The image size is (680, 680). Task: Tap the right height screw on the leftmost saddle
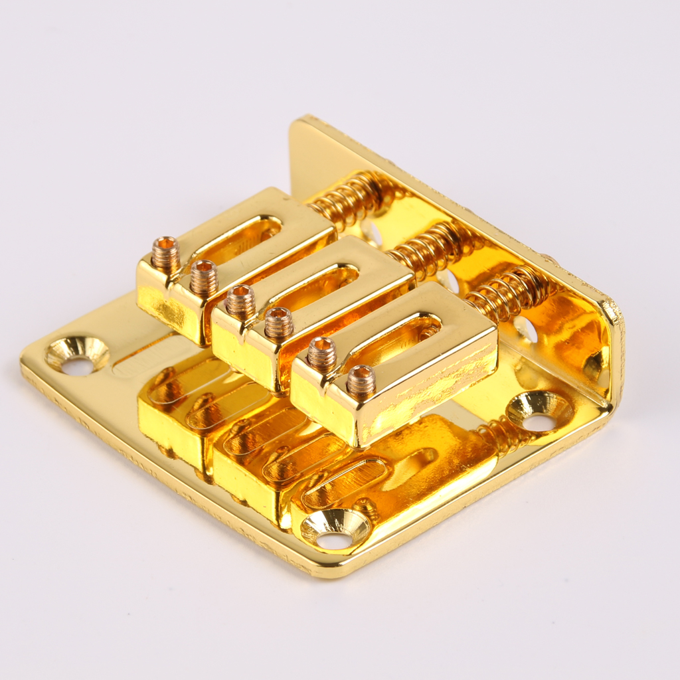204,276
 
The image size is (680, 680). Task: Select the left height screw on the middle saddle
240,300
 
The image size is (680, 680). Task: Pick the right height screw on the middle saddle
279,322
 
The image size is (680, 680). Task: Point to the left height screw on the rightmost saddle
322,353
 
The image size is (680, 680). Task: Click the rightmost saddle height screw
361,380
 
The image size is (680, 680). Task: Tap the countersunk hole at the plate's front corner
335,529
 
